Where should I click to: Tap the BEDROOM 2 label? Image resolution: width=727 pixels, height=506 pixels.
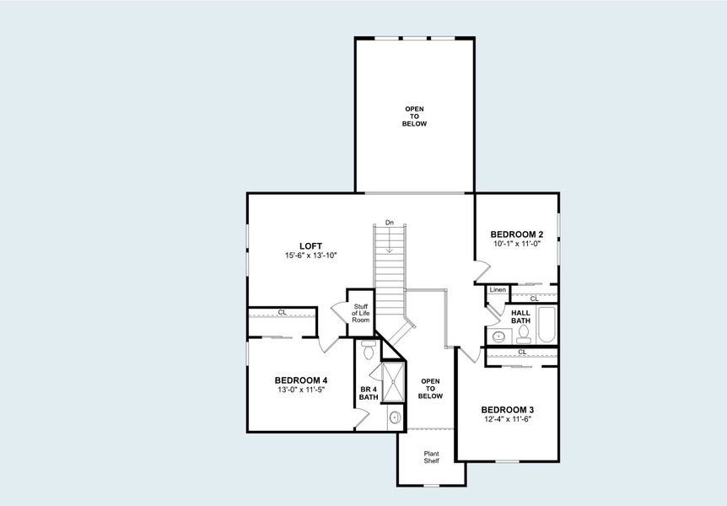517,234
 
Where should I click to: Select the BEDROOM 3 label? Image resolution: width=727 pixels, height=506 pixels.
508,409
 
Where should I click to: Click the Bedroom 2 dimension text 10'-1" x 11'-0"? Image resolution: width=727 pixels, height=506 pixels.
517,243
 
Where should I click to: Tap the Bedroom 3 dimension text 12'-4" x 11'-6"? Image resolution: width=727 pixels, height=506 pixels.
508,418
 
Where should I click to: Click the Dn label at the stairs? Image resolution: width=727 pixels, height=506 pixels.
390,222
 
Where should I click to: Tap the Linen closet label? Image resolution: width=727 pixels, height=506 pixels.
498,290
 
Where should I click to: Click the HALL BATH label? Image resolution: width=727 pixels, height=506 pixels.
520,316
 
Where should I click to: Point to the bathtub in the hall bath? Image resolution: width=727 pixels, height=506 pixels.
547,326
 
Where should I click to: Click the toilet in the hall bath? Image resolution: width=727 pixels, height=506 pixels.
523,334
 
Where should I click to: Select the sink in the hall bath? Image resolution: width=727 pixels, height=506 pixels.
498,336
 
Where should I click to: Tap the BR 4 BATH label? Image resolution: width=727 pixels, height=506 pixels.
369,393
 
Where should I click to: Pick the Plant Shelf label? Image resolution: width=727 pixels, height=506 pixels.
431,458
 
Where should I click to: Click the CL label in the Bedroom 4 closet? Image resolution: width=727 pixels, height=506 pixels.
282,312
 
